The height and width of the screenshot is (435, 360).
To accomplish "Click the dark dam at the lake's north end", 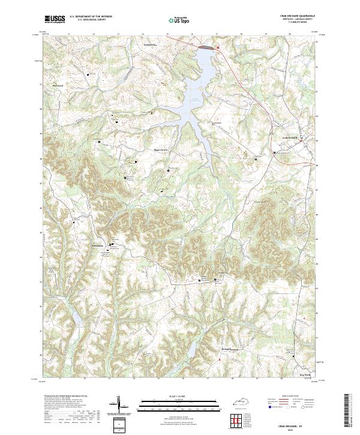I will click(x=205, y=46).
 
